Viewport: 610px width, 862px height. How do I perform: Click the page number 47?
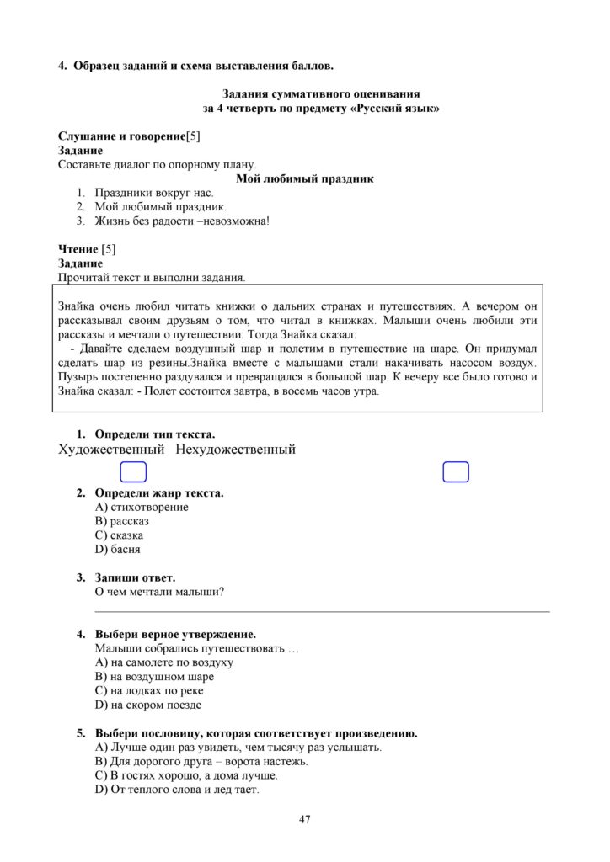coord(305,819)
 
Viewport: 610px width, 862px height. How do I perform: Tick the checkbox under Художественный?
coord(133,472)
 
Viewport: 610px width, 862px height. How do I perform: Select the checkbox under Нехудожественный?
coord(456,472)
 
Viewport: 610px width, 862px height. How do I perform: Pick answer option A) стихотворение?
coord(142,507)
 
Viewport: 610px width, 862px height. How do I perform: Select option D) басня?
coord(118,549)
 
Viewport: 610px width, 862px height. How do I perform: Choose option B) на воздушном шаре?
coord(154,676)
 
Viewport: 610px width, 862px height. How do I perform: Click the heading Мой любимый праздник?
coord(305,178)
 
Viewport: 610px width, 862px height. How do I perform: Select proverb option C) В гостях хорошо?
coord(186,775)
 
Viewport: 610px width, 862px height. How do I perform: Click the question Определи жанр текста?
coord(159,492)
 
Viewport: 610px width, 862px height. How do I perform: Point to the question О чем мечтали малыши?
coord(159,591)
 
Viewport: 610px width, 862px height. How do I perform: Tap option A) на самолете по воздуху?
coord(164,662)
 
